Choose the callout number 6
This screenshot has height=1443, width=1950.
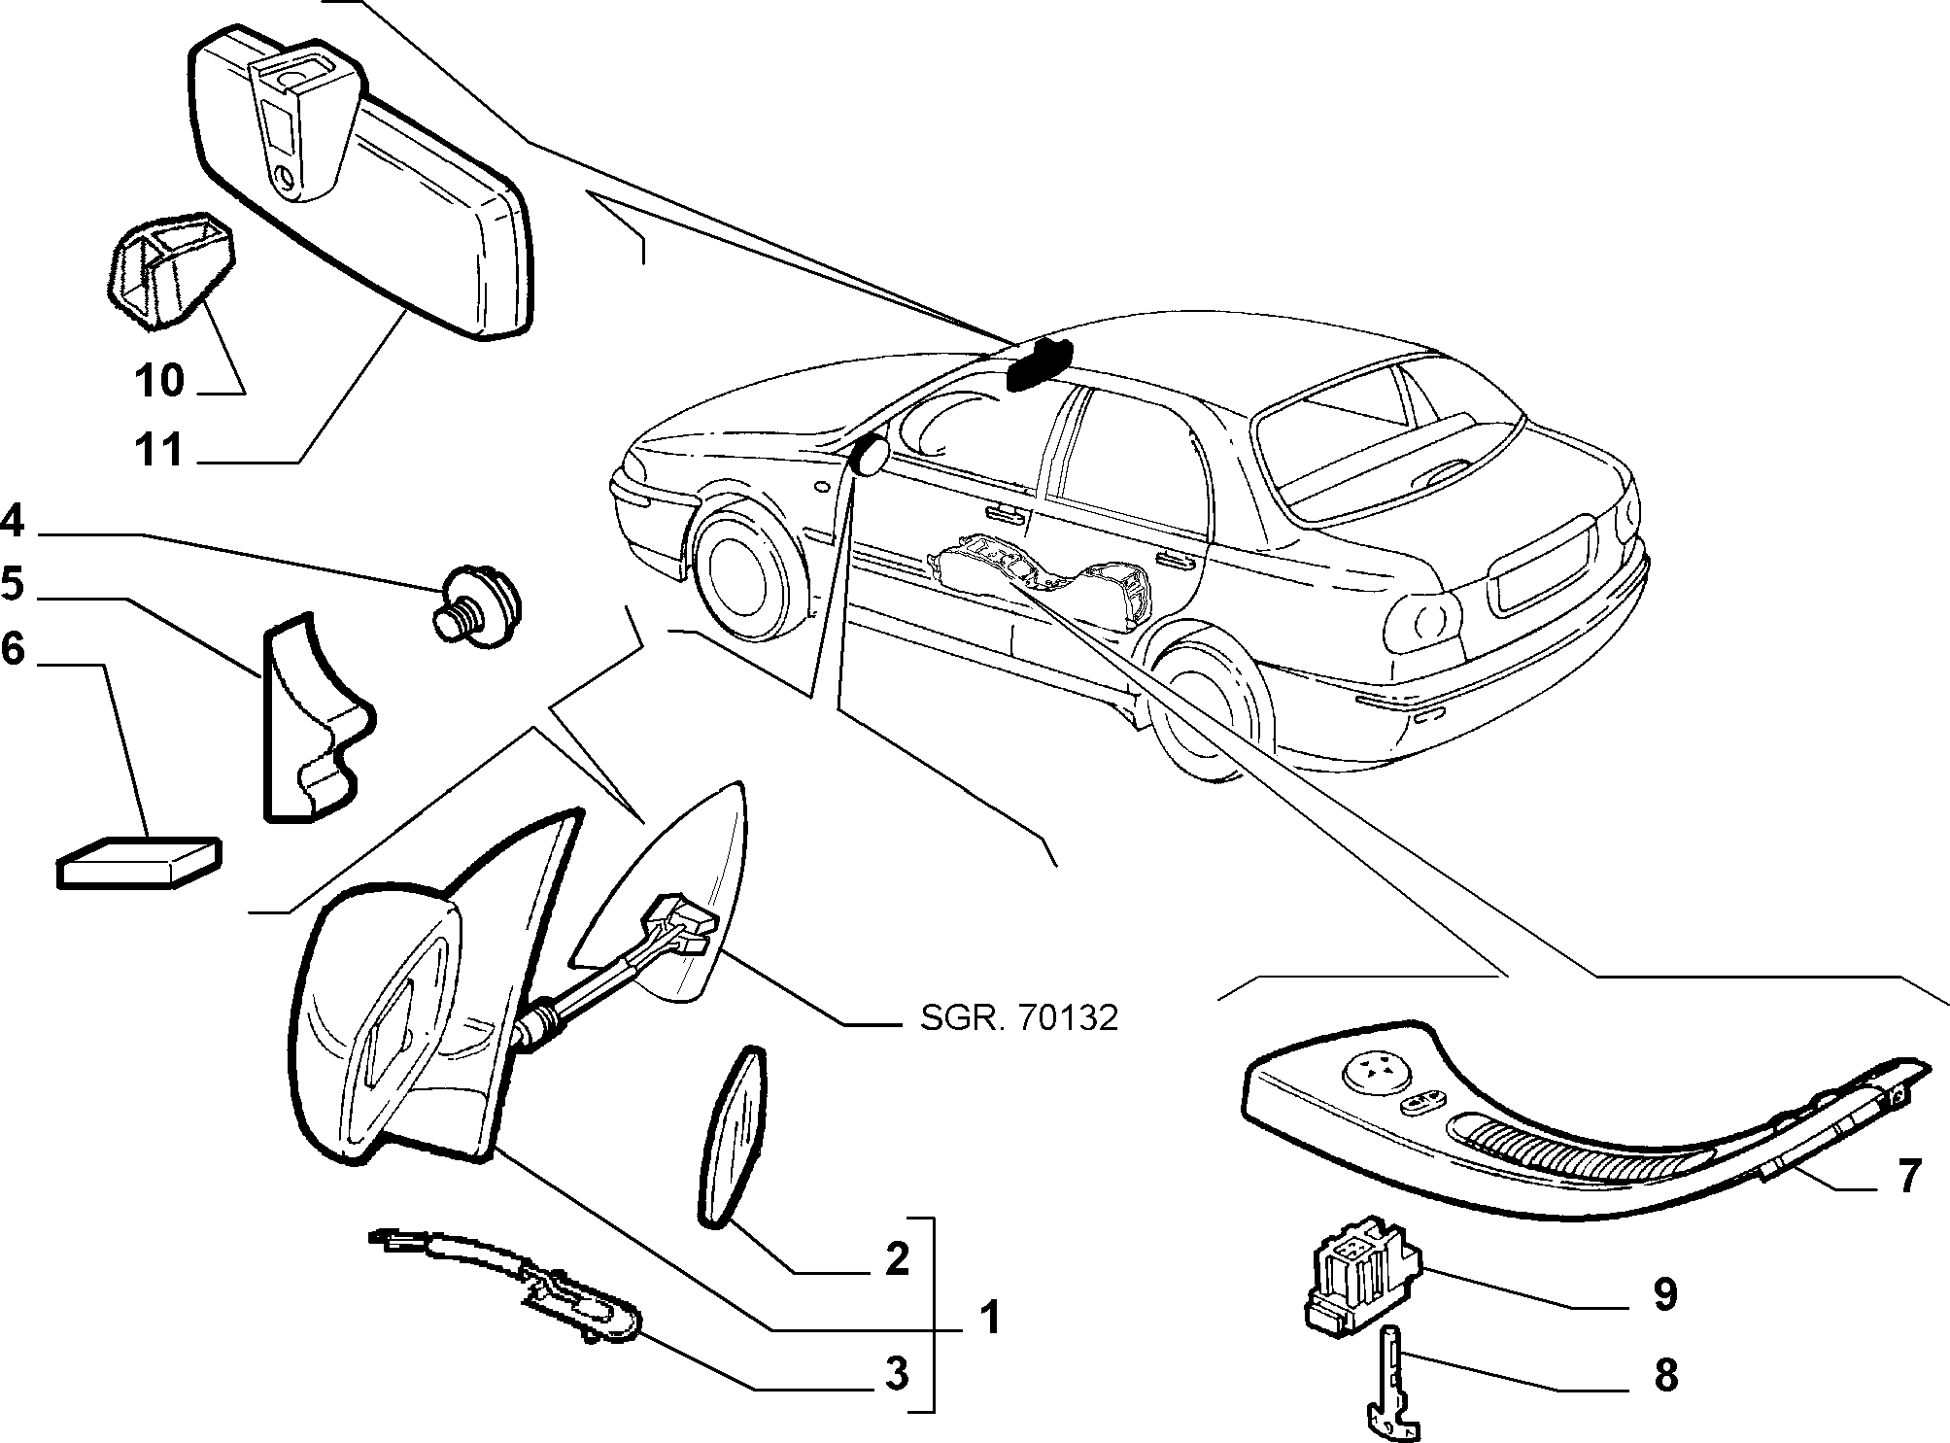[x=12, y=648]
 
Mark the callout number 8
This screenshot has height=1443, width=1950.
[x=1665, y=1374]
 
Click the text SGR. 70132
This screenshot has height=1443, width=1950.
[x=1018, y=1017]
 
